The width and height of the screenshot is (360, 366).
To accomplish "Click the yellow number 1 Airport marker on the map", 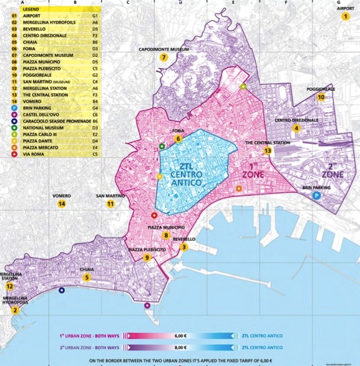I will [346, 17].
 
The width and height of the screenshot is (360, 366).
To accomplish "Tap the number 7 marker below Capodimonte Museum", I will [164, 58].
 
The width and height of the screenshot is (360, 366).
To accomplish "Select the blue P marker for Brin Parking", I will [316, 195].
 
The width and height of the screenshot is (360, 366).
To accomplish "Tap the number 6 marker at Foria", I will [178, 139].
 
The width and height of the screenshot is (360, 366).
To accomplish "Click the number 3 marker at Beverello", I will [183, 247].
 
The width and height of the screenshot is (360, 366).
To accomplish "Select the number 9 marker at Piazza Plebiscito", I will [147, 258].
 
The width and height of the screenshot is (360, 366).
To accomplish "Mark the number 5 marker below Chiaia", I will [87, 277].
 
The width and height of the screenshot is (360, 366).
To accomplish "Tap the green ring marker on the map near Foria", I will [162, 147].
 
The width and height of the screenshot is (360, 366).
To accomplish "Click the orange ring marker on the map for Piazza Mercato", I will [239, 188].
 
